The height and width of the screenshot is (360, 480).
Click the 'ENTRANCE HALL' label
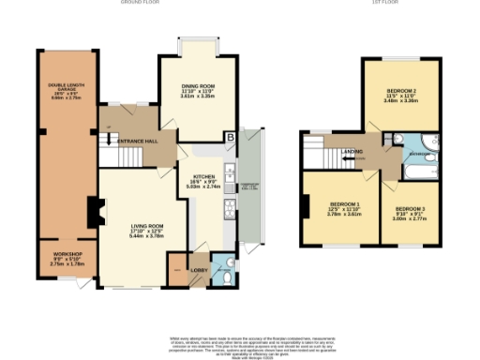tap(137, 140)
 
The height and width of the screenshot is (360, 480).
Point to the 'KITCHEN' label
tap(205, 175)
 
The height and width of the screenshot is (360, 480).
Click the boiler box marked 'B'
tap(230, 138)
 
